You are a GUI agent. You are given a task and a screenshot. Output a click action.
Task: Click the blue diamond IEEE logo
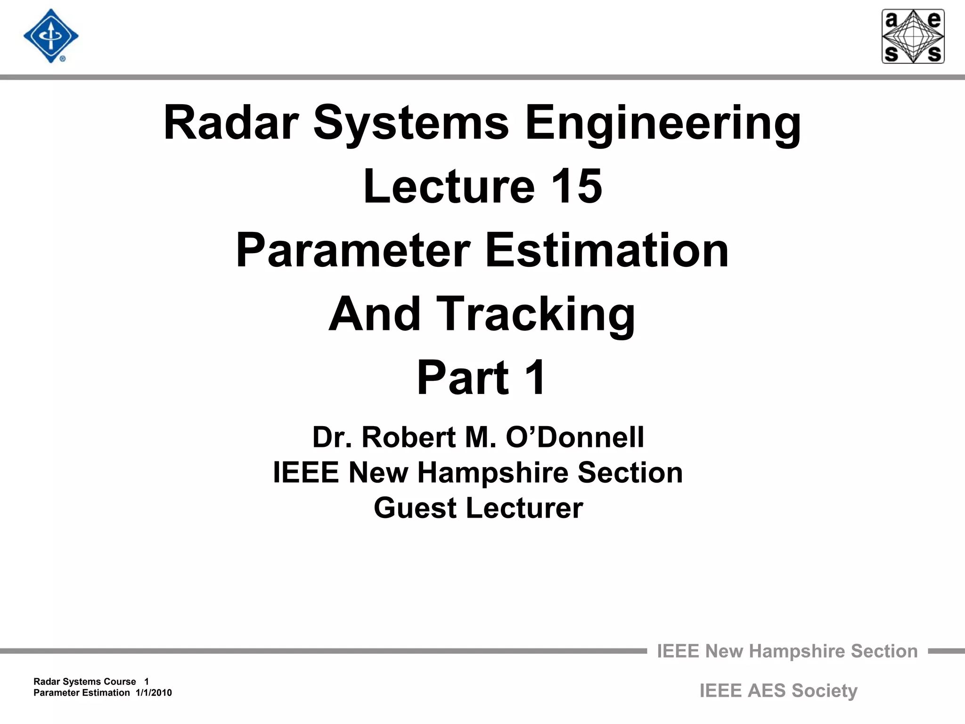[x=51, y=36]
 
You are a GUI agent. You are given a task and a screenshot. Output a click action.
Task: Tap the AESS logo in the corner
[x=913, y=36]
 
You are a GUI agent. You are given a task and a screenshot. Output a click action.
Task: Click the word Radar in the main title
[x=231, y=123]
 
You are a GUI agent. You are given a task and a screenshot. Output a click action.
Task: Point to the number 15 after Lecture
[x=576, y=187]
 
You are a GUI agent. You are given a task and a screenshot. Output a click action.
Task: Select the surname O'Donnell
[x=575, y=437]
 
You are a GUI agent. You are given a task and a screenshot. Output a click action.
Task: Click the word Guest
[x=415, y=508]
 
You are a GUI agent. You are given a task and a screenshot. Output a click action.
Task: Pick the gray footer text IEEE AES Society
[x=778, y=691]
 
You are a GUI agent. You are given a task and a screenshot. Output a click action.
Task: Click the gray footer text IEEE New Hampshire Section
[x=787, y=651]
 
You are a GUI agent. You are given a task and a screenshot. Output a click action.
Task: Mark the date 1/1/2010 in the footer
[x=154, y=693]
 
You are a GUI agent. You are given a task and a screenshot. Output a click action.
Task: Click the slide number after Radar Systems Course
[x=147, y=682]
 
